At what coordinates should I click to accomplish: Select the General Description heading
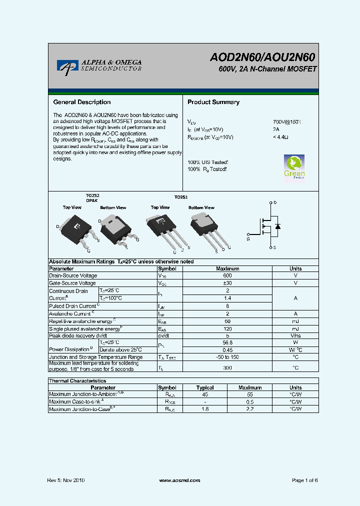pyautogui.click(x=81, y=102)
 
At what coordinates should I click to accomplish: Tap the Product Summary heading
pyautogui.click(x=213, y=102)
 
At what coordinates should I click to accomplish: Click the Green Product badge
pyautogui.click(x=294, y=166)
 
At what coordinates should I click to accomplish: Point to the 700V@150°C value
pyautogui.click(x=287, y=122)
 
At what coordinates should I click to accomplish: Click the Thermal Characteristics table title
pyautogui.click(x=77, y=380)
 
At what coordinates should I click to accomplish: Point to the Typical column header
pyautogui.click(x=205, y=387)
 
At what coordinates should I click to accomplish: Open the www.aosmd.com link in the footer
pyautogui.click(x=179, y=480)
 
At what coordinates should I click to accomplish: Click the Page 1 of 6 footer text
pyautogui.click(x=304, y=480)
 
